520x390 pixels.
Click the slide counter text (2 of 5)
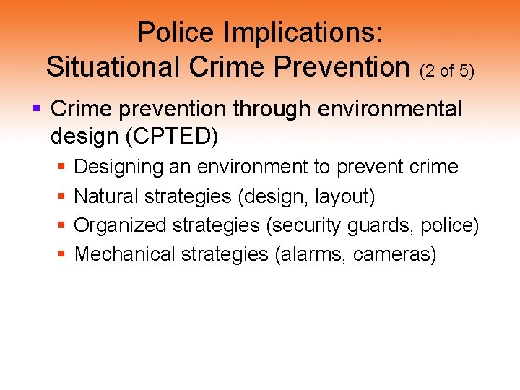446,70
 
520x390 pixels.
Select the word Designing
119,168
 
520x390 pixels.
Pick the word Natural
106,196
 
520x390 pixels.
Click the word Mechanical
125,254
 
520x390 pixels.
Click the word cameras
394,254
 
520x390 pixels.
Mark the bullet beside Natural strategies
61,196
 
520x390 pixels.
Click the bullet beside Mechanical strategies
61,254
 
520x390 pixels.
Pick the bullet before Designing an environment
61,168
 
